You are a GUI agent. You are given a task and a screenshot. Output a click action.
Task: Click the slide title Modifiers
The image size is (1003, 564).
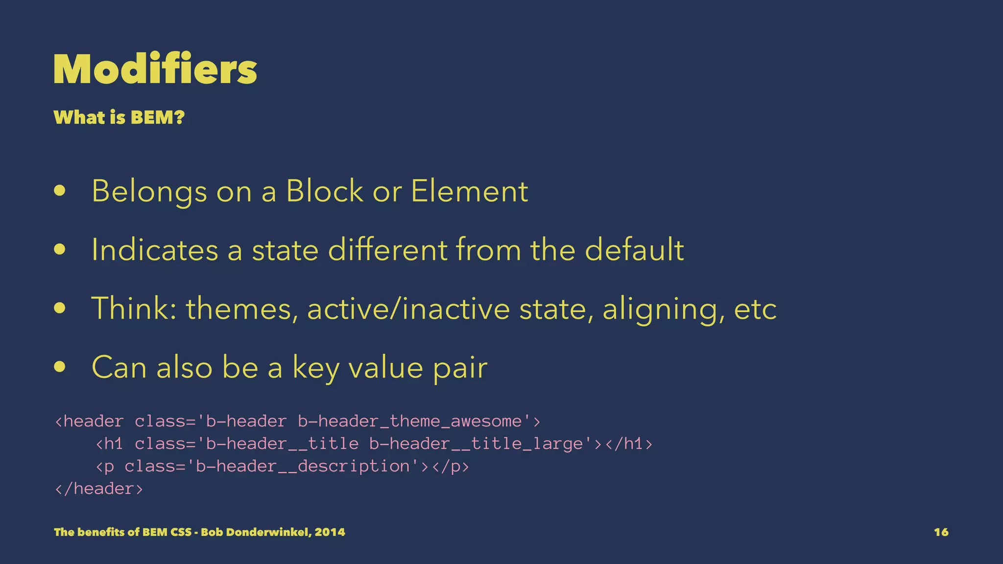[155, 70]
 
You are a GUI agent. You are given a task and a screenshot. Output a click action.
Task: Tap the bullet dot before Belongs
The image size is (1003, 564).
[60, 191]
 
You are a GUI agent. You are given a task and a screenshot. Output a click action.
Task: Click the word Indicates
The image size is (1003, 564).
[155, 250]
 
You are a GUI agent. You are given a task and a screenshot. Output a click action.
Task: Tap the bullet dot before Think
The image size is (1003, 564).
[60, 308]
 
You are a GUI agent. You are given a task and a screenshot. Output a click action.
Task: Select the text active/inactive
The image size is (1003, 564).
[408, 309]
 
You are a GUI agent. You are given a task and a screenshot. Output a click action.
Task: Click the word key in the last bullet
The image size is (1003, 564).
[315, 368]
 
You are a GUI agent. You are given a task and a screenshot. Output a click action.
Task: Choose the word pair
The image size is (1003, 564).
[460, 368]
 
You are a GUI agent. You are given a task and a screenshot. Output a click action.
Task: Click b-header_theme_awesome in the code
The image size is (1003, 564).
[410, 422]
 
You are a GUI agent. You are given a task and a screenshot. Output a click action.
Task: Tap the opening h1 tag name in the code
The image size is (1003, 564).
[114, 444]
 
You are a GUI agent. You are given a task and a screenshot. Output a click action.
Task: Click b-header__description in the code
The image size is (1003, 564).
[302, 467]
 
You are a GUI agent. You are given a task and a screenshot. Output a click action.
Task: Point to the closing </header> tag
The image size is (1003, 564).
[99, 489]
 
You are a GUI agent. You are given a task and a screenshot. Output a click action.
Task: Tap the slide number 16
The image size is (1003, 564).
[941, 532]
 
